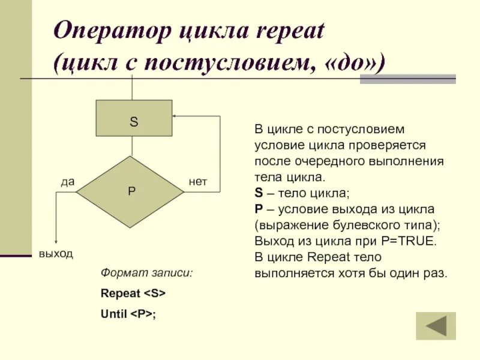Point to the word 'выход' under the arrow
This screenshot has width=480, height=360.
pyautogui.click(x=56, y=254)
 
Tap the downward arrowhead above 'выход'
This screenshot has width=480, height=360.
pyautogui.click(x=56, y=241)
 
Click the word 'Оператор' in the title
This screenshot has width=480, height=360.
pyautogui.click(x=112, y=31)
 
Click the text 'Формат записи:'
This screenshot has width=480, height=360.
pyautogui.click(x=147, y=273)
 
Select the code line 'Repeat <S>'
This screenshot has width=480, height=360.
pyautogui.click(x=133, y=293)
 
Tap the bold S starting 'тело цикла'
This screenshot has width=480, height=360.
pyautogui.click(x=258, y=193)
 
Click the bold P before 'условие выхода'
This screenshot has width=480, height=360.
pyautogui.click(x=258, y=209)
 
